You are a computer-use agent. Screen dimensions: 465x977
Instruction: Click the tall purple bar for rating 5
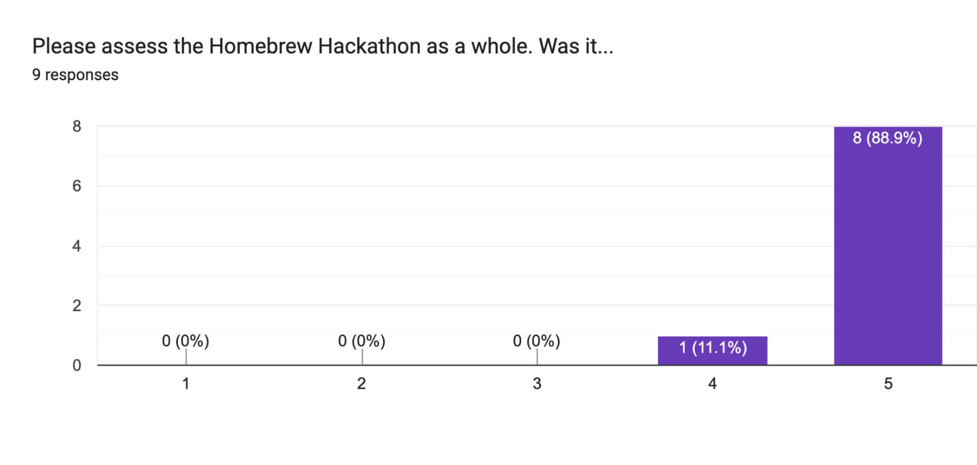click(888, 254)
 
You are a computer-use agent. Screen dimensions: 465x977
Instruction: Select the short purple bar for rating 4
click(712, 357)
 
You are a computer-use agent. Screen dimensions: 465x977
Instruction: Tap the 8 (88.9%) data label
click(888, 138)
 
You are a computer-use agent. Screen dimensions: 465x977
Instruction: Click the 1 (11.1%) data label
click(713, 348)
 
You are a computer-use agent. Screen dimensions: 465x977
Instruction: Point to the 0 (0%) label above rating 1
click(186, 341)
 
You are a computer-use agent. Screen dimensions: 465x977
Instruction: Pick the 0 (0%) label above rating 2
click(362, 341)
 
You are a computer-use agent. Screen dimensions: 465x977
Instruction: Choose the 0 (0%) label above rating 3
click(537, 341)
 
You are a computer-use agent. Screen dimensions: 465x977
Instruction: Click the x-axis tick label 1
click(186, 384)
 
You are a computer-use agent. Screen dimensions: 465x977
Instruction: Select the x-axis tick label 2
click(361, 384)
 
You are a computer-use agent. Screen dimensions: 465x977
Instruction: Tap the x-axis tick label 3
click(537, 384)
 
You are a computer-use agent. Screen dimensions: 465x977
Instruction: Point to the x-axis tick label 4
click(712, 384)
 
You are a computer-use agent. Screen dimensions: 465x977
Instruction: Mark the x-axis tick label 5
click(888, 384)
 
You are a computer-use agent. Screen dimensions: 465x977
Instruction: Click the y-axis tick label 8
click(77, 127)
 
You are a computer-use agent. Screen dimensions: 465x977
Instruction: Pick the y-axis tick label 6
click(77, 186)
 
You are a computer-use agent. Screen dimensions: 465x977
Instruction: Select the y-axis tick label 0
click(77, 365)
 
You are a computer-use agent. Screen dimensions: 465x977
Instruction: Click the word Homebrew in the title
click(261, 46)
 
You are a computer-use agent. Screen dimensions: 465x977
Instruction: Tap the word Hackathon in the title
click(369, 46)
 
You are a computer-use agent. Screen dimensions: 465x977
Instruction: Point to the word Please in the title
click(64, 46)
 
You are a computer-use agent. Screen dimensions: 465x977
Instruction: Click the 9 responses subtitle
click(75, 75)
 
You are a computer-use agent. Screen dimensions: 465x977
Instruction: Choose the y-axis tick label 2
click(77, 306)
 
